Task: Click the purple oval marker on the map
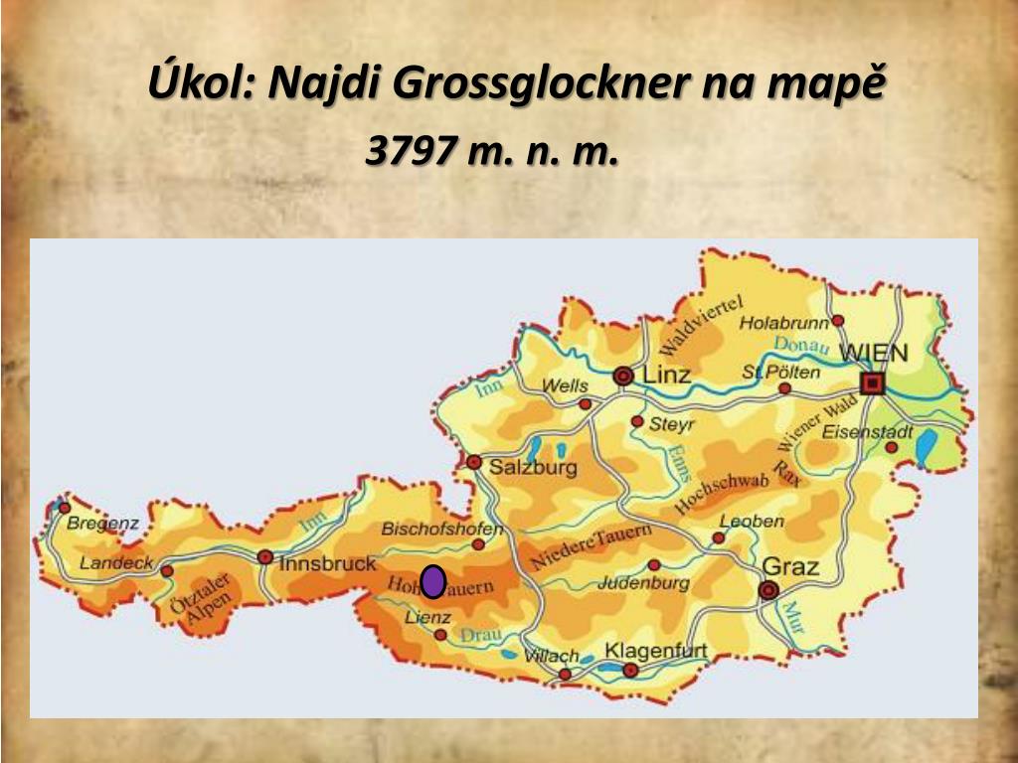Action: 432,581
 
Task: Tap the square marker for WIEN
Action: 872,383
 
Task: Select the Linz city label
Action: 667,376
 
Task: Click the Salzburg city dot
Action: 474,462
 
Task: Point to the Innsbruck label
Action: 328,563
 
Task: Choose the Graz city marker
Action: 767,590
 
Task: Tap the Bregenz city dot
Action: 65,508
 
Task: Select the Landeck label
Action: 116,562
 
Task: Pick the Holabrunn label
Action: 784,323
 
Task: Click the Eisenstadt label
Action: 868,432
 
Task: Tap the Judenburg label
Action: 643,583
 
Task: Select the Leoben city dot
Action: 719,537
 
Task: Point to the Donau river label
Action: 800,345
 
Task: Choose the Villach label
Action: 551,656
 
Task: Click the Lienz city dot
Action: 440,634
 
